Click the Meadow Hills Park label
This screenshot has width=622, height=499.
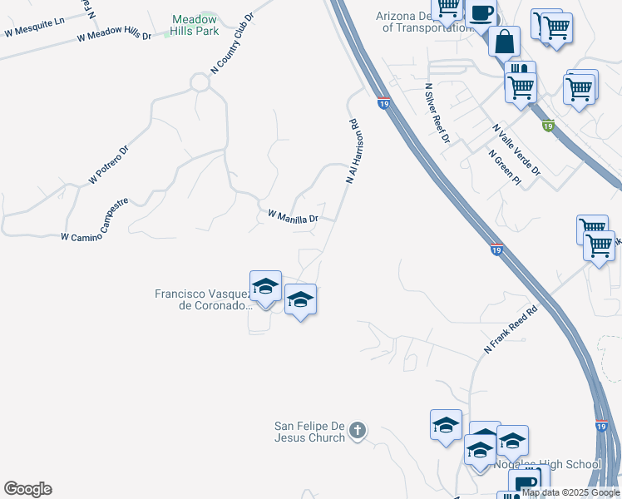[195, 26]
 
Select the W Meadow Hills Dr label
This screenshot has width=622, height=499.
[114, 37]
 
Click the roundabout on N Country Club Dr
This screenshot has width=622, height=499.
[200, 82]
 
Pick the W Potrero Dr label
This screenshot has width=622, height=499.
[109, 166]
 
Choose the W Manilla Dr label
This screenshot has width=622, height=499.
[293, 217]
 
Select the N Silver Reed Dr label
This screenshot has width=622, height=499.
[437, 113]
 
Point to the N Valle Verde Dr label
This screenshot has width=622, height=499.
[516, 151]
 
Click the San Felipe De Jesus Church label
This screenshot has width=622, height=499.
[309, 432]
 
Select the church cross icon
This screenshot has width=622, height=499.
[357, 431]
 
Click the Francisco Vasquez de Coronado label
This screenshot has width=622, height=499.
[202, 299]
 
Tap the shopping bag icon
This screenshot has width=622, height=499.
[504, 40]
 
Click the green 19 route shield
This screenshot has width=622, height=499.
[548, 126]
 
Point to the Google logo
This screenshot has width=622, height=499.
[27, 489]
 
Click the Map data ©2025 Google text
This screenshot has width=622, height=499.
[571, 492]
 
